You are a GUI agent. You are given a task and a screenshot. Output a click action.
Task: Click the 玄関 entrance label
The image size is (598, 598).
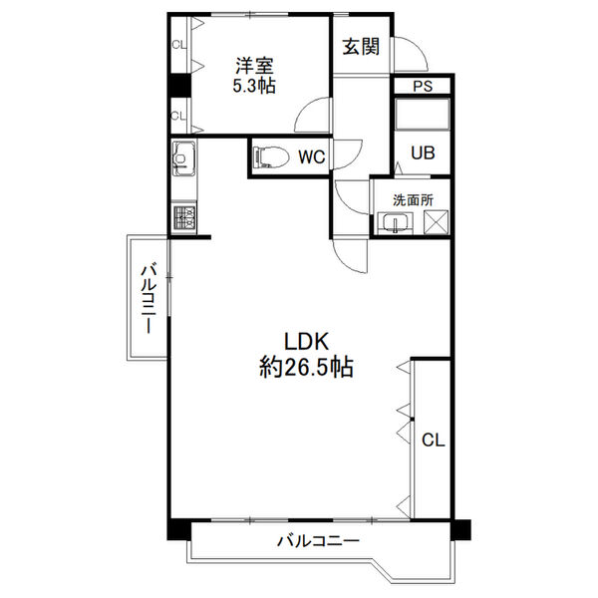coord(361,47)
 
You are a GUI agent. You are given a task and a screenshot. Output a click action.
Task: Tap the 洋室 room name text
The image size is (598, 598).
coord(255,66)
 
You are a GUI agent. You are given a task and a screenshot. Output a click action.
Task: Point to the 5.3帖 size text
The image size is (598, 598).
coord(254,86)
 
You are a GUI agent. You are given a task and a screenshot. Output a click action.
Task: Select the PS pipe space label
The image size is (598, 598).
coord(423,86)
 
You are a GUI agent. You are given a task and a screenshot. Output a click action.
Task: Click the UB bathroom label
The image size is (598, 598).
coord(423,152)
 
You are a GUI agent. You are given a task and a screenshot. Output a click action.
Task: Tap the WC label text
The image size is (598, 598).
coord(312,156)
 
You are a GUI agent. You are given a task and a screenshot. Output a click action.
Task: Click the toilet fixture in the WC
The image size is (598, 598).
coord(271,156)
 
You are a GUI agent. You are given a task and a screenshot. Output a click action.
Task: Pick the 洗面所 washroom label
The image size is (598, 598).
coord(413,200)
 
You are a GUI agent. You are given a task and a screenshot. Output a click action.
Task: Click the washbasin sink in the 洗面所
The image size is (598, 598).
coord(395,222)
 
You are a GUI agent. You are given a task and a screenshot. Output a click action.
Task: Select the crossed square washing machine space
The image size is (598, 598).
coord(436,221)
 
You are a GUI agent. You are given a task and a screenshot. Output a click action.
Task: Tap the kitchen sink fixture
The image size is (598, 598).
coord(183,158)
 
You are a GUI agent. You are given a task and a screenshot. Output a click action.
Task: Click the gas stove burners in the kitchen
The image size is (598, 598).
coord(184,217)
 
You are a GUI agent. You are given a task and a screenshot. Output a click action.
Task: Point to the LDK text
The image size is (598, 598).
coord(306,341)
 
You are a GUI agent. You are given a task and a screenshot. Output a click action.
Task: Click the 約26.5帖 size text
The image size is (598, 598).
coord(306,367)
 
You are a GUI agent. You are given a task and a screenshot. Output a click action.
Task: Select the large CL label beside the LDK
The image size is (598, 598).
coord(434,441)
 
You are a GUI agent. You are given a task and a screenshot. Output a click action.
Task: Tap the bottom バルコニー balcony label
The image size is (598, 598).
coord(319,541)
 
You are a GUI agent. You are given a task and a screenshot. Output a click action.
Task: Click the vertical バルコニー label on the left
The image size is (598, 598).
coord(149,299)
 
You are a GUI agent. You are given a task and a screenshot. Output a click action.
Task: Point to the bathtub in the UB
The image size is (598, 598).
coord(423,114)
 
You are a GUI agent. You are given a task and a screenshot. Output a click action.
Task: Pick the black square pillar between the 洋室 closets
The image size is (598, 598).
coord(179,85)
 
